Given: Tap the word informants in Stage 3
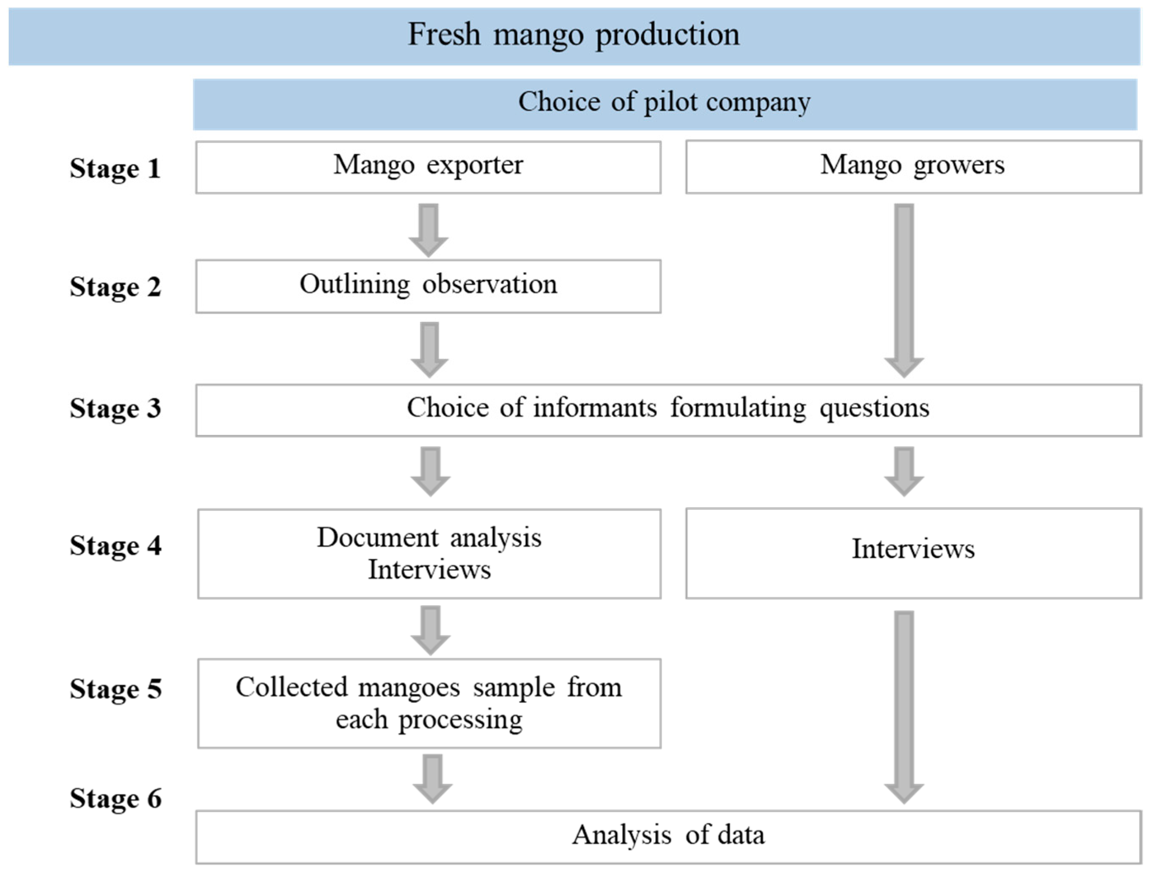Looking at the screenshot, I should click(x=595, y=408).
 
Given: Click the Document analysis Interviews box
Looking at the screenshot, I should click(x=429, y=553).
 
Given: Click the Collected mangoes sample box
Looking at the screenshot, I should click(x=429, y=703).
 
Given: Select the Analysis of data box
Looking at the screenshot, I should click(x=668, y=835).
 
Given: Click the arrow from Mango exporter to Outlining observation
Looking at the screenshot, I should click(x=429, y=230).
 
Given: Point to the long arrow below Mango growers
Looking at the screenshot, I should click(x=904, y=290).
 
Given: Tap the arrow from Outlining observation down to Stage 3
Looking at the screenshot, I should click(x=429, y=349).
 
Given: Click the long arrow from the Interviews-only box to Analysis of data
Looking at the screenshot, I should click(x=904, y=706).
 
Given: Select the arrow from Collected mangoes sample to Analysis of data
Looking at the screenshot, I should click(x=432, y=777).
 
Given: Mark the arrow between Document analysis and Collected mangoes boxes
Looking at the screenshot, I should click(x=430, y=629).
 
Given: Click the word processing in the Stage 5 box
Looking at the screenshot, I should click(x=460, y=721).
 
